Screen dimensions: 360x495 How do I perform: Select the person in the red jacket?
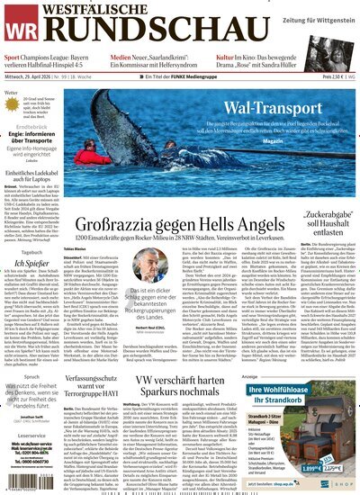point(179,166)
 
